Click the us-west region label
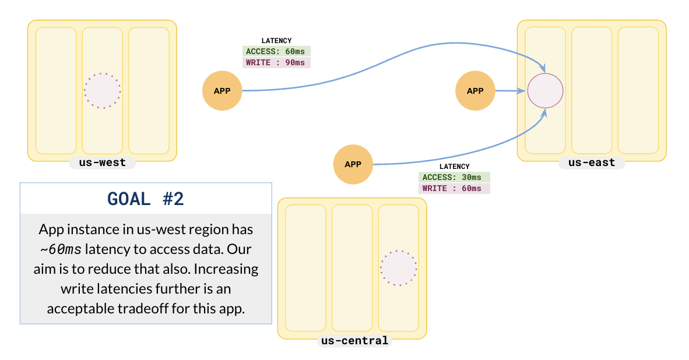coord(102,163)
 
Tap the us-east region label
coord(592,163)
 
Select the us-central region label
coord(354,340)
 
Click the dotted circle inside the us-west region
coord(103,91)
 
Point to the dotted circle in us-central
coord(399,268)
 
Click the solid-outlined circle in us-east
coord(545,91)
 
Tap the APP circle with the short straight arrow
coord(475,91)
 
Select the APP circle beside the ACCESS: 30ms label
coord(353,164)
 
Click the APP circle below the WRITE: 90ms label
coord(222,91)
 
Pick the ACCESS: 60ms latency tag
coord(277,51)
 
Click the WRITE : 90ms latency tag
coord(277,62)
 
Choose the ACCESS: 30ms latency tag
coord(454,177)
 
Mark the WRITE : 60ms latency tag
coord(454,188)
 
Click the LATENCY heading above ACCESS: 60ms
coord(276,41)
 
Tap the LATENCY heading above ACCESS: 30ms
coord(454,167)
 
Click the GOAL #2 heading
coord(146,199)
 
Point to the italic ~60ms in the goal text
coord(61,249)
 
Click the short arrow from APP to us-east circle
coord(510,91)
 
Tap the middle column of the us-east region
coord(592,91)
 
